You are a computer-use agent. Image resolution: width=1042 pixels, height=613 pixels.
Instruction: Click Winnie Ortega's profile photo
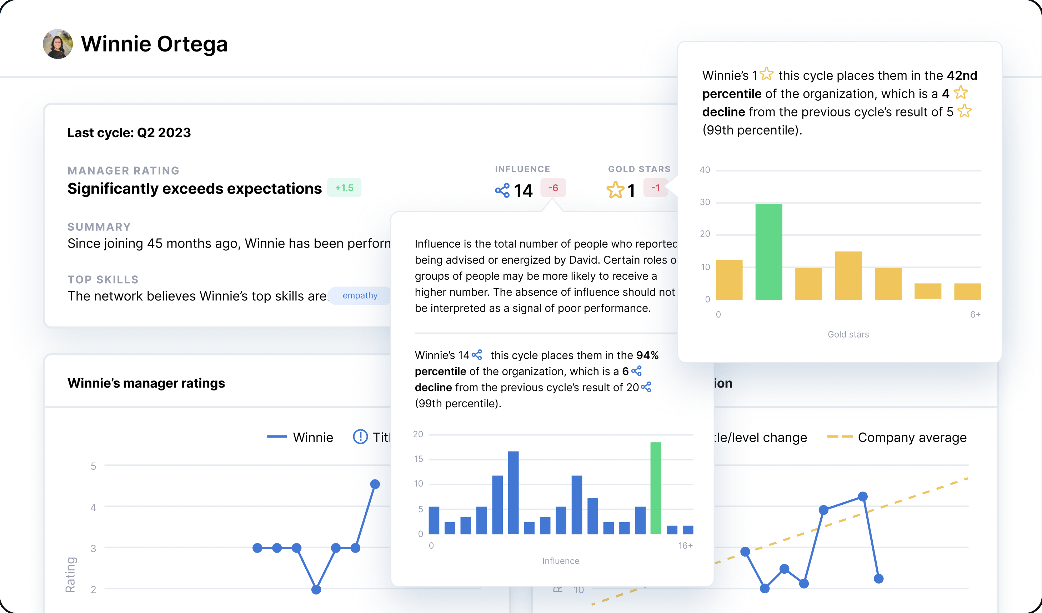57,44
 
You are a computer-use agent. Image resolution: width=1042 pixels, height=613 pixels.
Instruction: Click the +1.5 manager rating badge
344,188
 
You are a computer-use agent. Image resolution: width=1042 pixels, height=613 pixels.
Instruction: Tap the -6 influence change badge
553,188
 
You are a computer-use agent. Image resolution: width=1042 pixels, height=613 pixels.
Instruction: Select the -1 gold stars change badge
655,188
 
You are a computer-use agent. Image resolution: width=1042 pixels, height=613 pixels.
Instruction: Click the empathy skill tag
360,295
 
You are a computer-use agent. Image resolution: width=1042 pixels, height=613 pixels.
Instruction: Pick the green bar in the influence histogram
655,488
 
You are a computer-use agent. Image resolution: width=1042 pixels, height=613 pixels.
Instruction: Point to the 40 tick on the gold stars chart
705,170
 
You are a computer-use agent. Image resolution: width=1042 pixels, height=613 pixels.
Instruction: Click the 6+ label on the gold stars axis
975,314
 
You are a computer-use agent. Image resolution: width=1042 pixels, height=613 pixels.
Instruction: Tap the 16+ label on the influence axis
685,545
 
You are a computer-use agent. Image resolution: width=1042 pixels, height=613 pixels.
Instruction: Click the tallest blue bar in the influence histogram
513,492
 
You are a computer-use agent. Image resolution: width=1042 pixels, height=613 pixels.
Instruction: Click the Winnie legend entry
300,437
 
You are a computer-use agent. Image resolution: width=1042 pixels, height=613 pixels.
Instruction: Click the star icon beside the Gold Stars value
615,190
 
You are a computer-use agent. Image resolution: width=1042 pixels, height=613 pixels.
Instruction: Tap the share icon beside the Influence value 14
502,190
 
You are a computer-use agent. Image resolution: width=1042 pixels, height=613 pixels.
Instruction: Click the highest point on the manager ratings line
375,484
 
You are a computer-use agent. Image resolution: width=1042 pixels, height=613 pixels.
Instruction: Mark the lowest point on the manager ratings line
316,589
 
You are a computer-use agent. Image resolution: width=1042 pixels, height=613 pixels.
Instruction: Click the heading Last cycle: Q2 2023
129,133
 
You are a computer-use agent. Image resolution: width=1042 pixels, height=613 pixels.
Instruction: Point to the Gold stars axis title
848,334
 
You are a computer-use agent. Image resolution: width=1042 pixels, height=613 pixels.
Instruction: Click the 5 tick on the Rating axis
94,466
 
